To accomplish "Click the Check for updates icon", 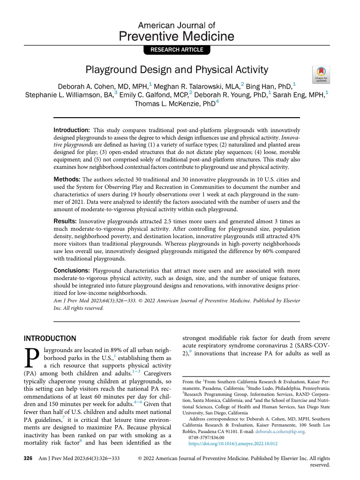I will [320, 74].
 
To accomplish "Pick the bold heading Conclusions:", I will [72, 271].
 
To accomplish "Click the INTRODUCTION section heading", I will [50, 338].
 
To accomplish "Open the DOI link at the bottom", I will [232, 443].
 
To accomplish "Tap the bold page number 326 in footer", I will [28, 458].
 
